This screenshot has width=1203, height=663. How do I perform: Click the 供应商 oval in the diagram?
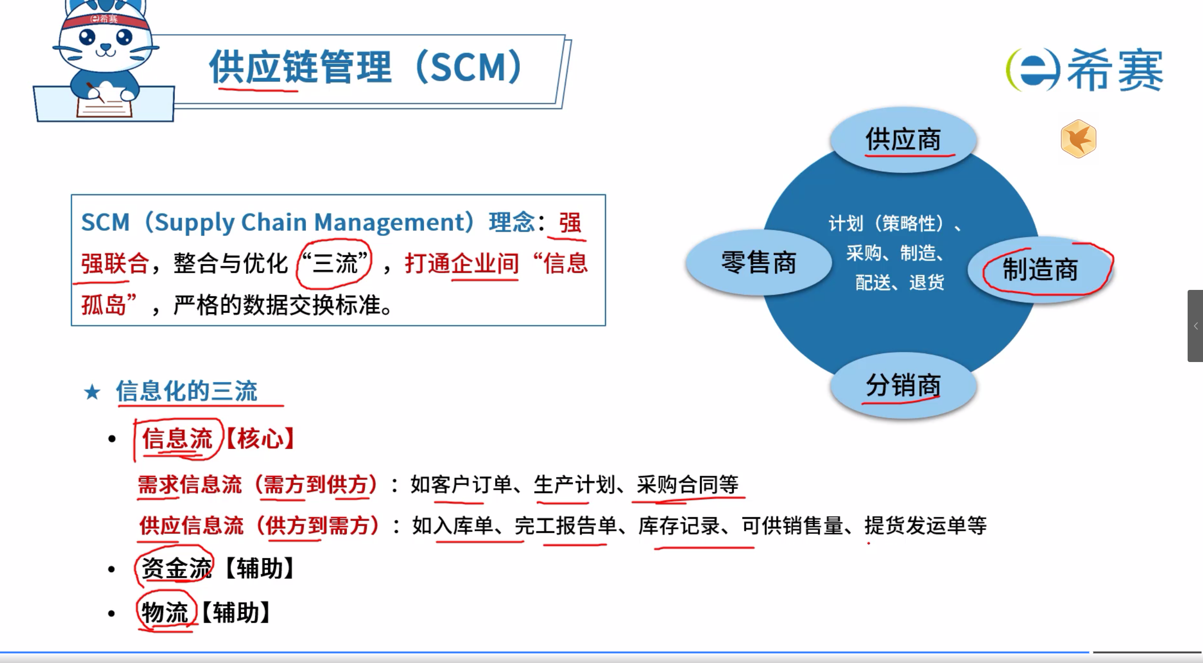coord(903,139)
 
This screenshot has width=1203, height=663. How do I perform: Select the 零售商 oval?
coord(758,263)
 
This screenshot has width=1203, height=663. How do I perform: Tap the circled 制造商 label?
coord(1040,269)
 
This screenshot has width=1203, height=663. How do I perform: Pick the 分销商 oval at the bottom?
coord(903,386)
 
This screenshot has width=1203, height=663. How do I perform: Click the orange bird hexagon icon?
coord(1079,139)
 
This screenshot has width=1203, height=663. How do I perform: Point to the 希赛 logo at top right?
coord(1084,70)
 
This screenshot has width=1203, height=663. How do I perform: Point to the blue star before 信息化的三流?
coord(92,392)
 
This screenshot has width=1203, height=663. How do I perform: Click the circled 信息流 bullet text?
coord(177,438)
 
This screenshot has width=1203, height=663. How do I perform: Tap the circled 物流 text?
coord(164,613)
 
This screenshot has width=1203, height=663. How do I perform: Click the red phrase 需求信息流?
coord(190,485)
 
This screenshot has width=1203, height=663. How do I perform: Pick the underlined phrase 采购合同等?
coord(688,485)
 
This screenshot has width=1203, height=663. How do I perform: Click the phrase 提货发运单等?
coord(926,525)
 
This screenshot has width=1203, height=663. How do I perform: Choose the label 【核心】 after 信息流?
coord(260,438)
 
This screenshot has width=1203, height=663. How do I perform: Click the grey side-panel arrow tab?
coord(1195,326)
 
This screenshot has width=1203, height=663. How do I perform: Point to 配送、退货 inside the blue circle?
coord(900,283)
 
